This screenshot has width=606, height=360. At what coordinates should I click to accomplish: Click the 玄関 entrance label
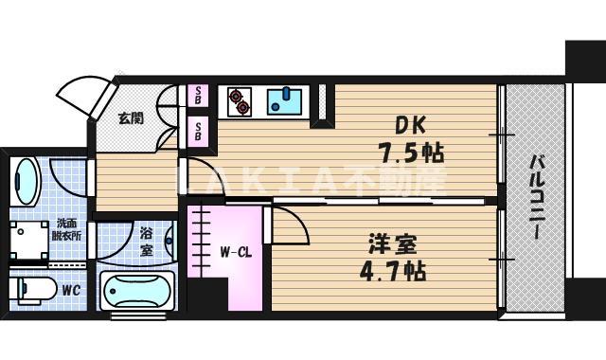point(131,117)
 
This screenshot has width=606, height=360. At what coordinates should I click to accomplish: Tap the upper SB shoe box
point(198,96)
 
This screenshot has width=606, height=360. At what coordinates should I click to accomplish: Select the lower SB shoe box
point(198,132)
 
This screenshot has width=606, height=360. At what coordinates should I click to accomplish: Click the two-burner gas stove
point(240,102)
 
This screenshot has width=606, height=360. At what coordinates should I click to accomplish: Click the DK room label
point(410,125)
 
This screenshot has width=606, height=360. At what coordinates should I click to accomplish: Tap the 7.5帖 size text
point(411,153)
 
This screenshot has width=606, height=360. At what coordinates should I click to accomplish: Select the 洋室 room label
point(393,244)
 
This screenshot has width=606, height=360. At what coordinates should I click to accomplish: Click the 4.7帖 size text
point(393,271)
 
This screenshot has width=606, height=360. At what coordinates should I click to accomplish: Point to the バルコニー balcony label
point(536,197)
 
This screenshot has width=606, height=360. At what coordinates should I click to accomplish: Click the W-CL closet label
point(236,253)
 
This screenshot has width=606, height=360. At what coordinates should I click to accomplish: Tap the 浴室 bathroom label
point(147,243)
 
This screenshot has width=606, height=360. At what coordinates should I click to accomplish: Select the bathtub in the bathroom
point(136,291)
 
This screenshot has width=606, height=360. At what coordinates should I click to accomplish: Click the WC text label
point(71,290)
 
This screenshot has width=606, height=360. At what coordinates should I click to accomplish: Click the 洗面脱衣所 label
point(66,229)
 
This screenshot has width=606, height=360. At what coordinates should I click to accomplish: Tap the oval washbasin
point(26,181)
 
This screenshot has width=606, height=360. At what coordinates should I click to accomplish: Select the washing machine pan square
point(29,240)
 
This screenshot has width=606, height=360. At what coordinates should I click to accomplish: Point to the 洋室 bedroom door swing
point(288,225)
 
